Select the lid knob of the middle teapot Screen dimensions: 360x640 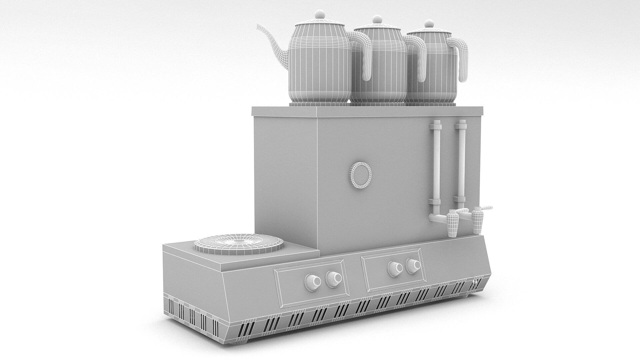(377, 19)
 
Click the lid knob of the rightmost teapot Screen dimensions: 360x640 (429, 24)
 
